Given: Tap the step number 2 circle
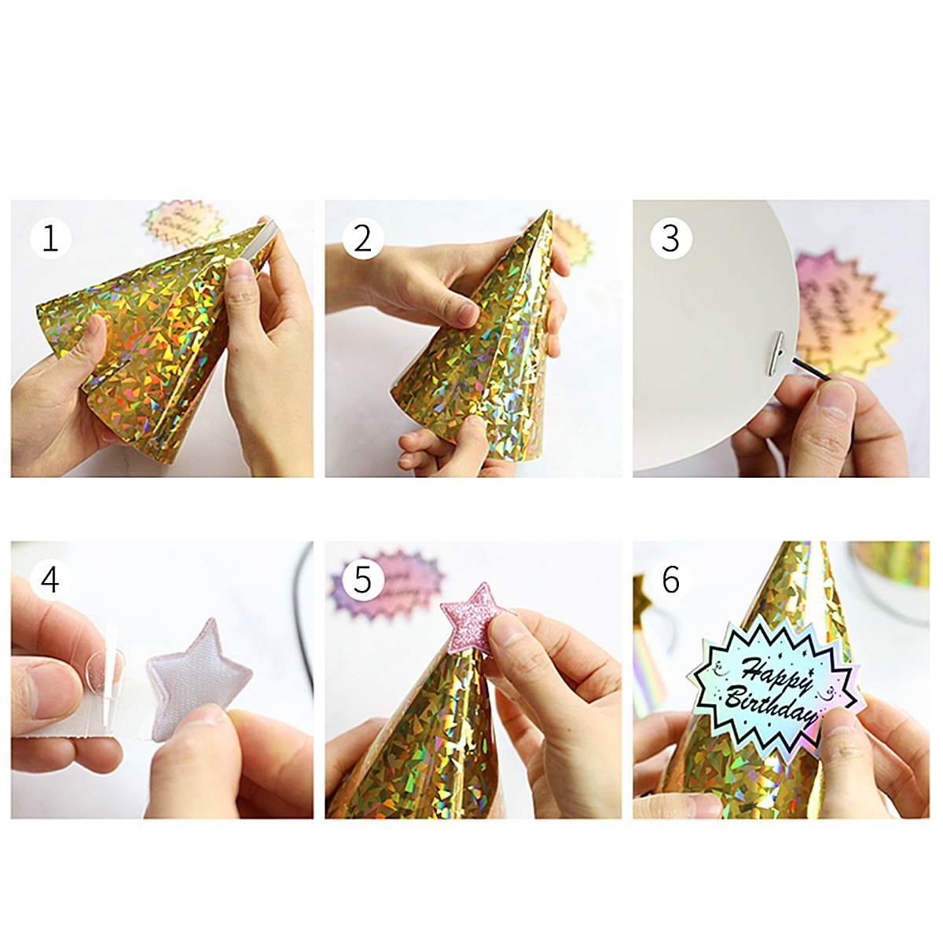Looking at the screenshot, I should pyautogui.click(x=362, y=237).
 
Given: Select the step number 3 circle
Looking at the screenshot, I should pyautogui.click(x=670, y=237).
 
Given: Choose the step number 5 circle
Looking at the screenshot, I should pyautogui.click(x=362, y=580).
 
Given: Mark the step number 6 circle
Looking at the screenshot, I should pyautogui.click(x=670, y=580).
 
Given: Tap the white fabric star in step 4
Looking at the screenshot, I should pyautogui.click(x=196, y=675).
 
